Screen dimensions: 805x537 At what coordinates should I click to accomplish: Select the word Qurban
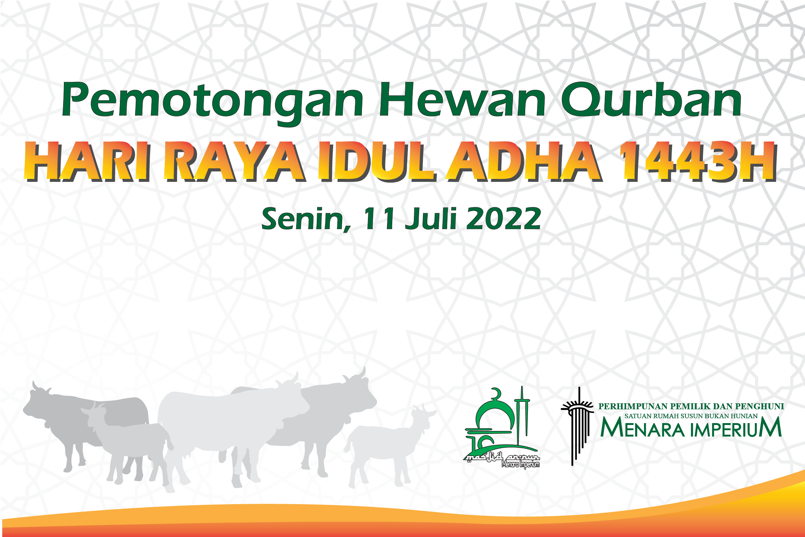coord(652,99)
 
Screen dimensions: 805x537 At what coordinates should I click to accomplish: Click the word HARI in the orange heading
coord(88,162)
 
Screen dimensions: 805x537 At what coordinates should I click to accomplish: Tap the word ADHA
coord(525,162)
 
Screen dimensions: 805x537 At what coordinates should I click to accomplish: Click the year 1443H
coord(698,162)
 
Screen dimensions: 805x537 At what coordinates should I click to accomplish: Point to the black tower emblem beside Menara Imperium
coord(577,426)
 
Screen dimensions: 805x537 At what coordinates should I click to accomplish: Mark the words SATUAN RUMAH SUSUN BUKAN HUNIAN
coord(691,416)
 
